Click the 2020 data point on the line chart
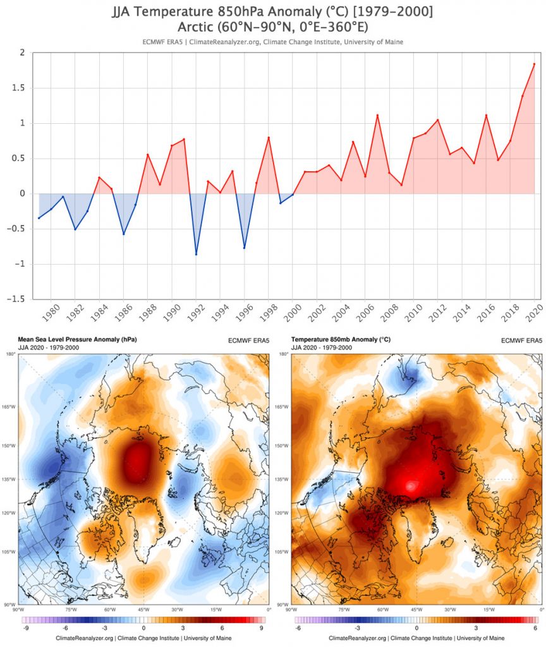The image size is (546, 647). [534, 64]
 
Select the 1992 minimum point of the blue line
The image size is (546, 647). [196, 254]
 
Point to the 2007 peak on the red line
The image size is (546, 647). [377, 115]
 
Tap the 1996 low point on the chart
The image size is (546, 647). [245, 248]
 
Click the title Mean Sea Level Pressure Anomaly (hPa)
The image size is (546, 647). [78, 339]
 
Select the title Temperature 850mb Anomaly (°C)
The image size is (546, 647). [341, 339]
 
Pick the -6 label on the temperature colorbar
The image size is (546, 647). [297, 628]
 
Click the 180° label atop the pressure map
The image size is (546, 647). [11, 354]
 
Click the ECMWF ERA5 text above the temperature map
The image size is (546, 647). [521, 340]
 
